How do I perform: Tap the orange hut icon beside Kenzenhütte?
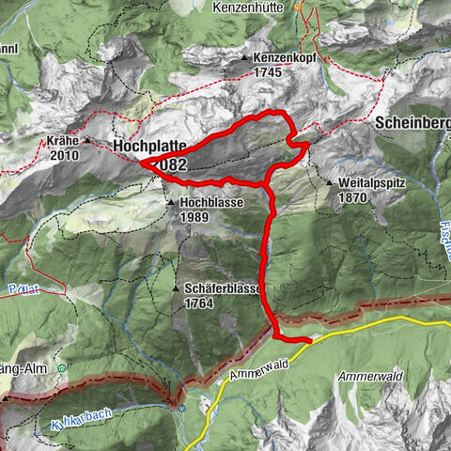(x=300, y=7)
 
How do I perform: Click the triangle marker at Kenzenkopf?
(x=243, y=57)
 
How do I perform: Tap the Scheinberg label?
(x=412, y=122)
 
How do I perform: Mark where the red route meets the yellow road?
(x=310, y=341)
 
